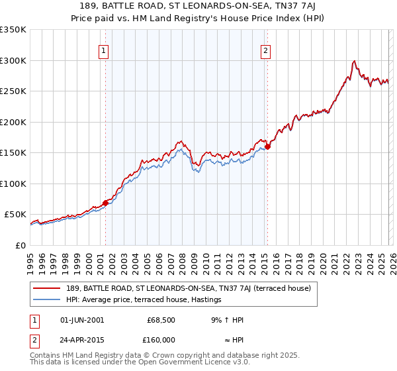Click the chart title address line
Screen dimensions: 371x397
point(198,6)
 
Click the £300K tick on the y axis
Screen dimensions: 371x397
point(13,60)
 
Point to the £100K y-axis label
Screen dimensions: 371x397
point(13,184)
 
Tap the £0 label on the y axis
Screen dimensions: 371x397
point(20,245)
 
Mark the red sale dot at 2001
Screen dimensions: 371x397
point(105,203)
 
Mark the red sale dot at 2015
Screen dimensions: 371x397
point(267,146)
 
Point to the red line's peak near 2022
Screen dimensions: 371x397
point(355,61)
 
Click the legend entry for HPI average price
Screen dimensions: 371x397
point(143,300)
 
